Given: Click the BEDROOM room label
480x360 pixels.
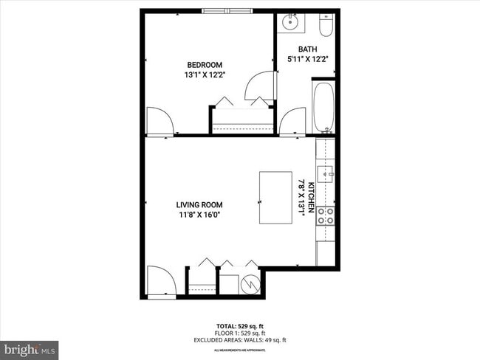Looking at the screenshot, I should click(203, 65).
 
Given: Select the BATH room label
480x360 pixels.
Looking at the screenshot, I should click(307, 49).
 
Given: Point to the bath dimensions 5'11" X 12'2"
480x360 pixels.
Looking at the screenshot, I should click(308, 60).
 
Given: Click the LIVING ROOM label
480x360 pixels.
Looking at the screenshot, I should click(199, 205).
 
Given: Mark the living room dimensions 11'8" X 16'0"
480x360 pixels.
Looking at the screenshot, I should click(199, 215).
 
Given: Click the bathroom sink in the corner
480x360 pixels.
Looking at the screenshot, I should click(289, 22).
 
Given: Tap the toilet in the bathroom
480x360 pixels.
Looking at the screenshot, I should click(325, 25).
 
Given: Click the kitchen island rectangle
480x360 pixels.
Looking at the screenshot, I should click(275, 197).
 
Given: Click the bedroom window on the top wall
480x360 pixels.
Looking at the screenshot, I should click(227, 11).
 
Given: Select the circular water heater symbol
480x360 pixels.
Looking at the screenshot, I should click(252, 282).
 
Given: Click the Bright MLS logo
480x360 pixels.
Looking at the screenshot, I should click(30, 348).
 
